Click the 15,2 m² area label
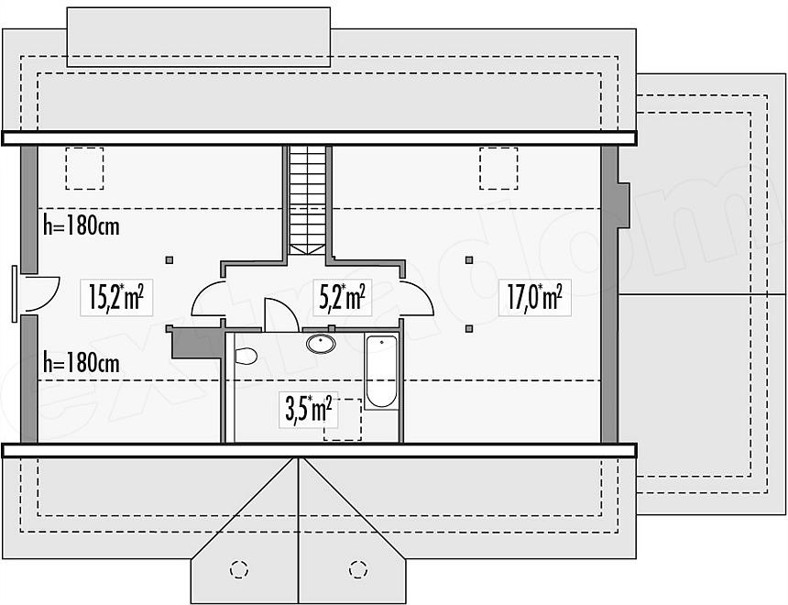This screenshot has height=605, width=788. click(116, 297)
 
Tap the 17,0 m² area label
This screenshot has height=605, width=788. click(535, 297)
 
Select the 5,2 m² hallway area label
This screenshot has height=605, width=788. click(343, 297)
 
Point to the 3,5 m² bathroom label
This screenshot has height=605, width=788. click(309, 410)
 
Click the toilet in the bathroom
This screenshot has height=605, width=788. click(246, 356)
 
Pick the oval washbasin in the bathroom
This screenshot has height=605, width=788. click(321, 344)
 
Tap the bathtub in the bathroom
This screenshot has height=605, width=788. click(381, 371)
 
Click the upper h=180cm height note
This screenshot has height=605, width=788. click(82, 226)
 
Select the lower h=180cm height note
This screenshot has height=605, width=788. click(82, 362)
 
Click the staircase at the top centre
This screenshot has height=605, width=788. click(308, 199)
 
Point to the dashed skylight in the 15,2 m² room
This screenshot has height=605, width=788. click(84, 169)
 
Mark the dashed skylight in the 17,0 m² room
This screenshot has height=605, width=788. click(498, 169)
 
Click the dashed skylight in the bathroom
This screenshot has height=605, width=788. click(343, 420)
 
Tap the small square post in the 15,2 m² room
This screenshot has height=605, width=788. click(170, 260)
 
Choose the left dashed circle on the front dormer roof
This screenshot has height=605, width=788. click(239, 569)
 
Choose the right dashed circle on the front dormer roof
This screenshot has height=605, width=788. click(358, 569)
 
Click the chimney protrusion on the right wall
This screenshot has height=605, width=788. click(623, 205)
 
